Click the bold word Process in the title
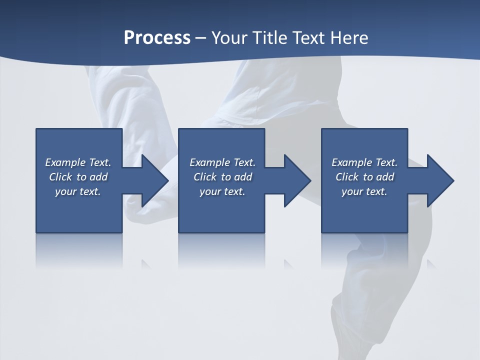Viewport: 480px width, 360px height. [x=157, y=38]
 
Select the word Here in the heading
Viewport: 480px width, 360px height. [x=348, y=38]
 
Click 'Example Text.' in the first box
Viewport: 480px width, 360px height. [x=78, y=162]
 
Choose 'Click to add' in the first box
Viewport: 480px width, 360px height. [x=78, y=177]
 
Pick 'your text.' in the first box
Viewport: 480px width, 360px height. [x=78, y=191]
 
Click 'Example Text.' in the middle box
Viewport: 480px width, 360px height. [x=222, y=162]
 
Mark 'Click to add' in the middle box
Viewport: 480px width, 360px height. [x=222, y=177]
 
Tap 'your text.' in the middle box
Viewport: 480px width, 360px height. [x=222, y=191]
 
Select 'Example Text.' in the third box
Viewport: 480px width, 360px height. [x=364, y=162]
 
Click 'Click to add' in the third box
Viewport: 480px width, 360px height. [x=364, y=177]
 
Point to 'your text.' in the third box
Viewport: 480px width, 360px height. [x=364, y=191]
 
